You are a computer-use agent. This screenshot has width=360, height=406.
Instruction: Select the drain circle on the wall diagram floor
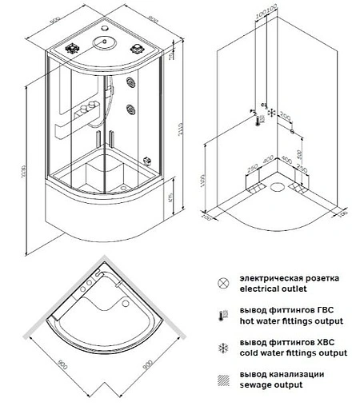click(278, 189)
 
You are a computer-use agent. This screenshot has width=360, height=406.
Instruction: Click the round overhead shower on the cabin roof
click(103, 45)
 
